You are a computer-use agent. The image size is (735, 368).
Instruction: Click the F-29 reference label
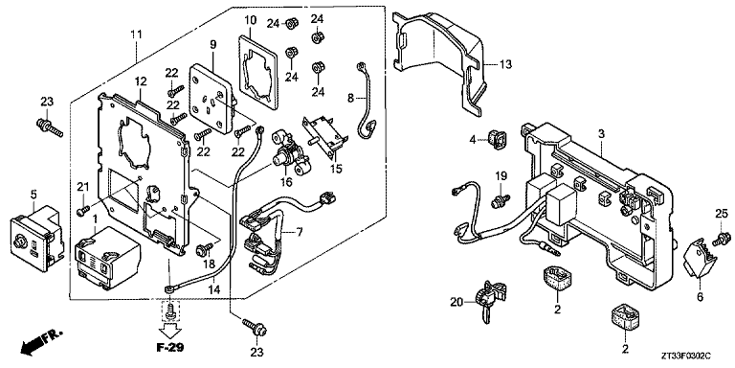pos(170,348)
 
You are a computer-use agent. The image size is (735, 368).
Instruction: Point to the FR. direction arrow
pos(41,343)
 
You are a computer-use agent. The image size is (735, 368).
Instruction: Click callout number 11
pos(136,34)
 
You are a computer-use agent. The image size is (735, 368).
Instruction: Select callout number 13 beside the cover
pos(505,64)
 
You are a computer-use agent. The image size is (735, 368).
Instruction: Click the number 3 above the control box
pos(601,134)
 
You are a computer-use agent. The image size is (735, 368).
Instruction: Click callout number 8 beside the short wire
pos(351,98)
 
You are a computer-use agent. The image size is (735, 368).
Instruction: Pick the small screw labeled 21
pos(82,210)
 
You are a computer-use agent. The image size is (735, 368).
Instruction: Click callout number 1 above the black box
pos(95,218)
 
